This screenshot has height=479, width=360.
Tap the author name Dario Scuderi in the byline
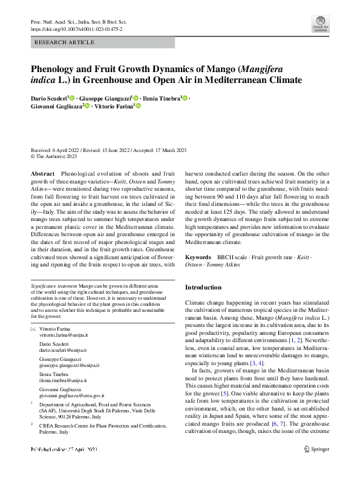(x=48, y=98)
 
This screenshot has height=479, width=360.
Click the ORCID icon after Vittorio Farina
(x=137, y=106)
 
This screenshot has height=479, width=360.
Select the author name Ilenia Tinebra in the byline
(x=162, y=98)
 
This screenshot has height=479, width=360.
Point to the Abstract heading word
(x=42, y=174)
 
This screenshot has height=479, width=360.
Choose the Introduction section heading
(x=203, y=287)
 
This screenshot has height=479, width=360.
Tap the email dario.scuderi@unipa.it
(x=63, y=350)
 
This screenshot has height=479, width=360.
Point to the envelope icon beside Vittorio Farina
(x=33, y=328)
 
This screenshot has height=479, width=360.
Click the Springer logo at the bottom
(x=316, y=449)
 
